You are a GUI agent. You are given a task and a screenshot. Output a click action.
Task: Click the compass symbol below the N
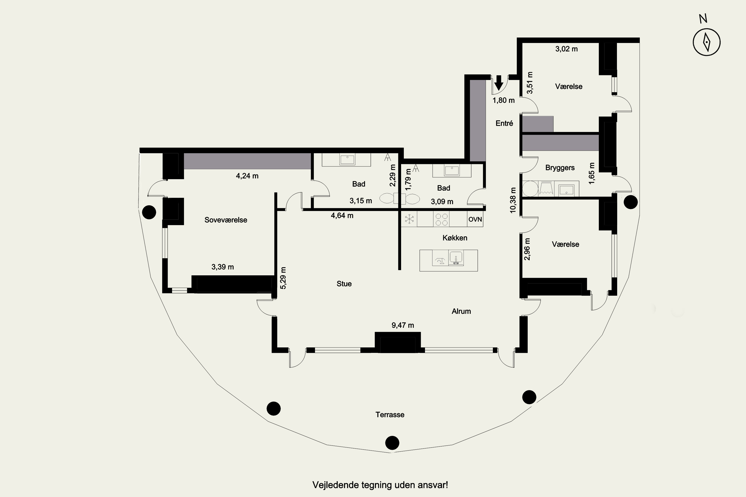click(x=706, y=42)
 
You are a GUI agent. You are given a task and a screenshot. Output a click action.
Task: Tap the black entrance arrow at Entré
click(x=499, y=83)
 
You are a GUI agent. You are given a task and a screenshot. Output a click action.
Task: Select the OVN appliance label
click(x=475, y=219)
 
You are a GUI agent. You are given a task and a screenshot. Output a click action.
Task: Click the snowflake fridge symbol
click(x=409, y=219)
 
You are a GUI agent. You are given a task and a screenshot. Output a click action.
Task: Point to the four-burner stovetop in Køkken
click(x=441, y=219)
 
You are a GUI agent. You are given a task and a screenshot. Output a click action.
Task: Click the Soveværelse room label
click(x=226, y=220)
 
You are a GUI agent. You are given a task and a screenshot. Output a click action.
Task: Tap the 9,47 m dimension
click(x=403, y=325)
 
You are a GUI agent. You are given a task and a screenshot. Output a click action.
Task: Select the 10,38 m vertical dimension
click(x=513, y=200)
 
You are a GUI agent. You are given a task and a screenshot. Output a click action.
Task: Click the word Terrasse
click(x=390, y=414)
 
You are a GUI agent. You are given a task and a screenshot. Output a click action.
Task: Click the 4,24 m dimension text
click(x=247, y=176)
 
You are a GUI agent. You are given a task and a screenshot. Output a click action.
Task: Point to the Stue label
click(x=344, y=284)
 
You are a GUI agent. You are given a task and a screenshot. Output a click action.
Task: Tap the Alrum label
click(x=461, y=311)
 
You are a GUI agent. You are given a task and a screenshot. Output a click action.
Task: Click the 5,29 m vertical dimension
click(x=283, y=278)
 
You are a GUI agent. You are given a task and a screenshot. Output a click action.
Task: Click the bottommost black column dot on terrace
click(x=392, y=443)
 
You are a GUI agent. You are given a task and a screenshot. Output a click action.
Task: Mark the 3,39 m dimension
click(x=223, y=267)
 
